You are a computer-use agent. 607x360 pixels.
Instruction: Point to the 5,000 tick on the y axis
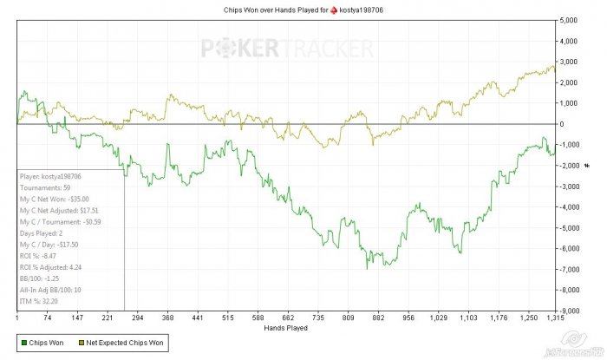point(570,20)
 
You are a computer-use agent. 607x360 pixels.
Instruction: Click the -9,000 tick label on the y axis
point(570,311)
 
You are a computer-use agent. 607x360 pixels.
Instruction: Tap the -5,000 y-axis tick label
point(570,228)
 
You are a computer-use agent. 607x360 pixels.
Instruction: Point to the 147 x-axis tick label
point(77,318)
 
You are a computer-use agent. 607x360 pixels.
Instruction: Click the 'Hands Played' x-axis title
point(284,328)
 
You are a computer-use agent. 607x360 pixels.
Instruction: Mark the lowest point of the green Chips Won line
point(367,269)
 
